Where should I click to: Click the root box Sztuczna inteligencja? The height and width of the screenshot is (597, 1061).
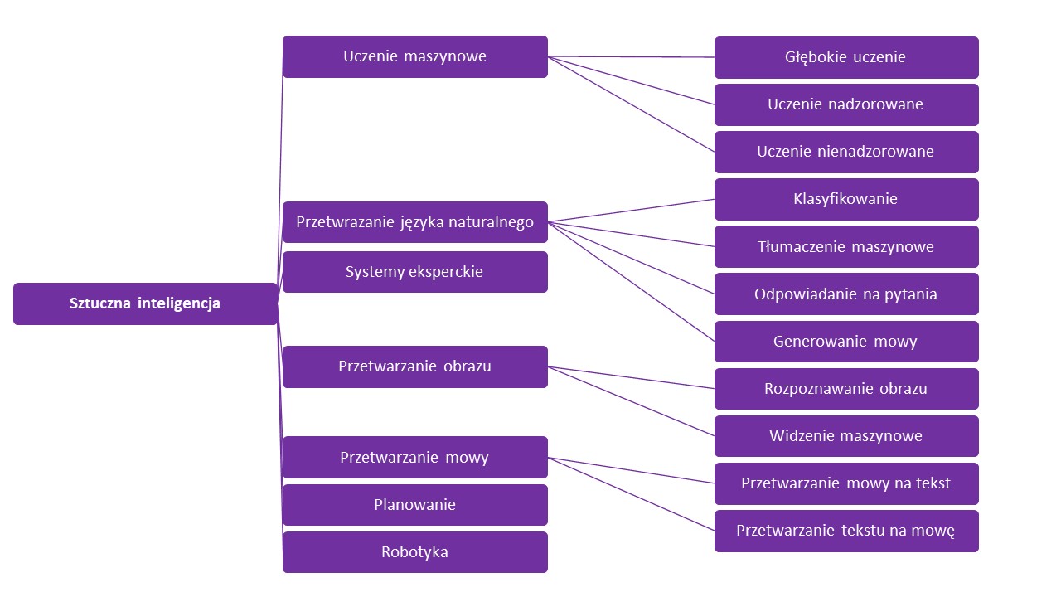(145, 303)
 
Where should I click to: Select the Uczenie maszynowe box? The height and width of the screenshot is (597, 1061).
(414, 56)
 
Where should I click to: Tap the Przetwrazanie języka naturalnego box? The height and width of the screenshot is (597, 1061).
(414, 222)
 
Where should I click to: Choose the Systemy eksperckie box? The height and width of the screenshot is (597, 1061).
(414, 272)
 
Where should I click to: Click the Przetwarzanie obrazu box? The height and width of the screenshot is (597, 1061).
(414, 366)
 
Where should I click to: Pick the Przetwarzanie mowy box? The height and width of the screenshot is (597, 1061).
(414, 457)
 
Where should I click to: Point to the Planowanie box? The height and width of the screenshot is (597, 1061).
(414, 505)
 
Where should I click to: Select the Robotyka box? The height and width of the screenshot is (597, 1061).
(414, 552)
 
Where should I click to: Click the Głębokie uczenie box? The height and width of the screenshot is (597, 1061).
(845, 57)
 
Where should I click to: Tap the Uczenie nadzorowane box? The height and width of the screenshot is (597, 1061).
(845, 104)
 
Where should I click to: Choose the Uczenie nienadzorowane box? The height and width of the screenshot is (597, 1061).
(845, 152)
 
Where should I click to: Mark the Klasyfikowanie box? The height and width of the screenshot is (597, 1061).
(845, 199)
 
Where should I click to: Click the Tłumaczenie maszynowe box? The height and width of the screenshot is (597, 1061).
(845, 246)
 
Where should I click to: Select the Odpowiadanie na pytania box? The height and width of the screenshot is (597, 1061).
(845, 294)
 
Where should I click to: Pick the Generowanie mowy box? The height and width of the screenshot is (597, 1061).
(845, 342)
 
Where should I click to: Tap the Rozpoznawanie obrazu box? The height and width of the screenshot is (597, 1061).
(845, 389)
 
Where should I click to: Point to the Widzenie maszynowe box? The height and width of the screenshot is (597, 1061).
(845, 436)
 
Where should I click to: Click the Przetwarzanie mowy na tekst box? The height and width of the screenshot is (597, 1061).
(845, 483)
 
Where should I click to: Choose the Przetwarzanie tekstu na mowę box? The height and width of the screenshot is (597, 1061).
(845, 531)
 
